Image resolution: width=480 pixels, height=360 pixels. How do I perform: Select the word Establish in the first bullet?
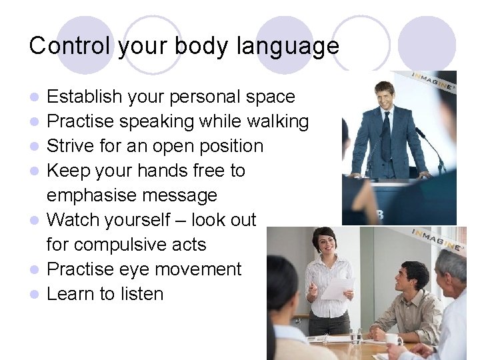tap(85, 97)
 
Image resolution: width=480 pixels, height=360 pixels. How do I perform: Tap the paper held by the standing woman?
tap(337, 289)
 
